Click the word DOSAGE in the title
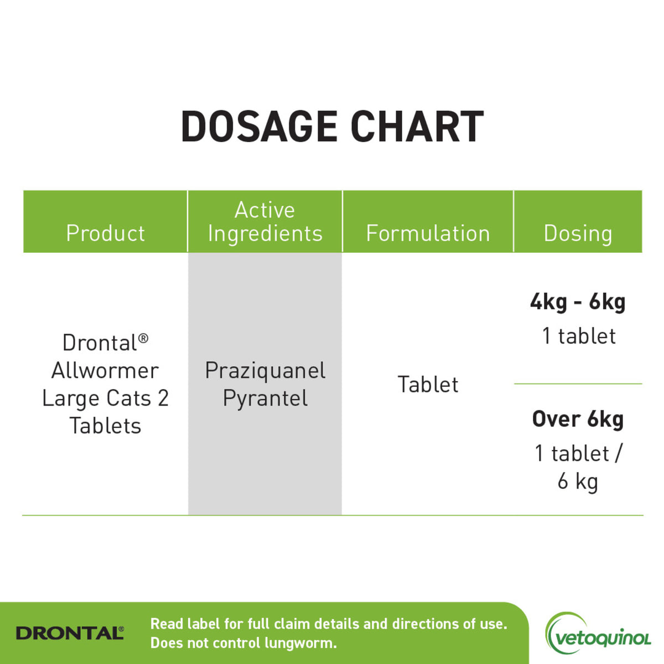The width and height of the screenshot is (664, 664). [259, 127]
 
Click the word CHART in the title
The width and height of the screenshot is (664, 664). [417, 127]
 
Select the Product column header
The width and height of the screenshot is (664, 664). [105, 233]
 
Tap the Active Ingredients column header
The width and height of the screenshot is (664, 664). [265, 221]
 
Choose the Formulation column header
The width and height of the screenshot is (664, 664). [428, 233]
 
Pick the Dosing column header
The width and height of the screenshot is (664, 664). [578, 233]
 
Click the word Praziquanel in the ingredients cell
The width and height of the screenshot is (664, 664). [265, 370]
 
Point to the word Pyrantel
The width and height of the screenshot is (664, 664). [265, 398]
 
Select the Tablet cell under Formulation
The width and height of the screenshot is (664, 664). [428, 385]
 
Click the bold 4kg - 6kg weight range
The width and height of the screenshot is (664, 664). [578, 302]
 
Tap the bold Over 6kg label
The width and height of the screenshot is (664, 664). [578, 419]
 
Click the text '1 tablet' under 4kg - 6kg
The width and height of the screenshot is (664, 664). [579, 336]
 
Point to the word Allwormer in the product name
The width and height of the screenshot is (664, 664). [105, 370]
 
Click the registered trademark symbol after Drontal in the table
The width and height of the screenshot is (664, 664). [143, 338]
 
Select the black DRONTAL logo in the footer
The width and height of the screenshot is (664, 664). [70, 633]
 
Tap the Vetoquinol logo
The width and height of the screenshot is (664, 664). [598, 637]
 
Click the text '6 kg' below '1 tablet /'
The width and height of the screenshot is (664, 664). [578, 481]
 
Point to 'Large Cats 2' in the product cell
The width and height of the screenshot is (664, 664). [105, 398]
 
